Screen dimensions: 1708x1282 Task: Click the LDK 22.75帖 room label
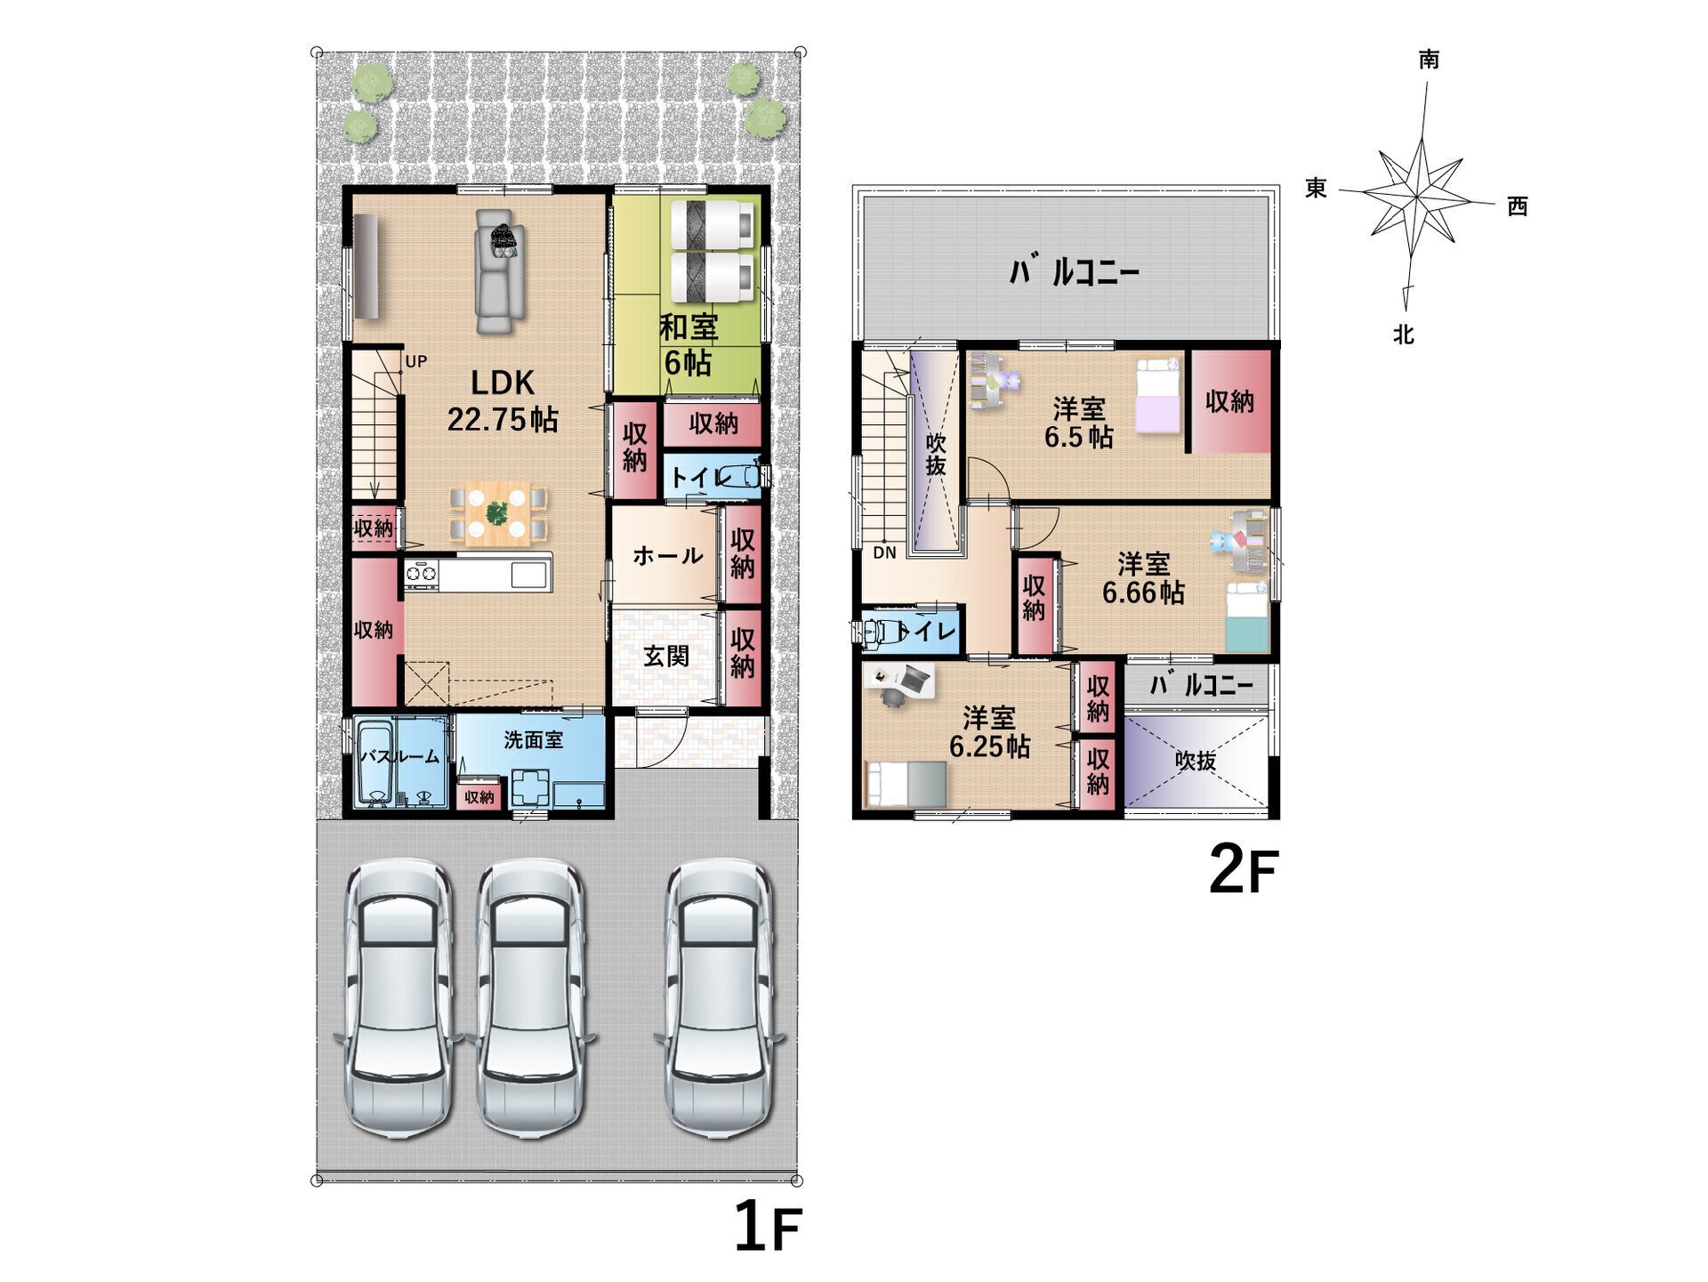coord(503,400)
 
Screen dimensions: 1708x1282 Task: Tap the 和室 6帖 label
coord(689,344)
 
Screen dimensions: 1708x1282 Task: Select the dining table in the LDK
coord(498,513)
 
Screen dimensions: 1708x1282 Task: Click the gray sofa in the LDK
coord(499,271)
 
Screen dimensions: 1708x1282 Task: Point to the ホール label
coord(667,556)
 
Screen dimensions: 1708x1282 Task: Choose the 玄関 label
coord(666,656)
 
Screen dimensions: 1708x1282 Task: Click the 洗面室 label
coord(533,739)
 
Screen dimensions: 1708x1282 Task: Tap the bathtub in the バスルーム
coord(375,762)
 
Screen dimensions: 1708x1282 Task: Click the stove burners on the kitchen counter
coord(421,574)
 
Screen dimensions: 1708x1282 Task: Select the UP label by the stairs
coord(416,361)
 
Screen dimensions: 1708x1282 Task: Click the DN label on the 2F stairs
coord(884,552)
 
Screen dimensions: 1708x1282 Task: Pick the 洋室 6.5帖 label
coord(1079,423)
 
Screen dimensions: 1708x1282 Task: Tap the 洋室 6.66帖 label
coord(1143,577)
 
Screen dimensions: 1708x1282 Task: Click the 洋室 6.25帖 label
coord(989,732)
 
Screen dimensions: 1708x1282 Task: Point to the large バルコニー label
coord(1074,271)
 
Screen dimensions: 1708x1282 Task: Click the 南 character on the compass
coord(1429,59)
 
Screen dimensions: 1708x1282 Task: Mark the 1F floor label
coord(768,1227)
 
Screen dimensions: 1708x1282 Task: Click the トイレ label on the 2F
coord(926,632)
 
